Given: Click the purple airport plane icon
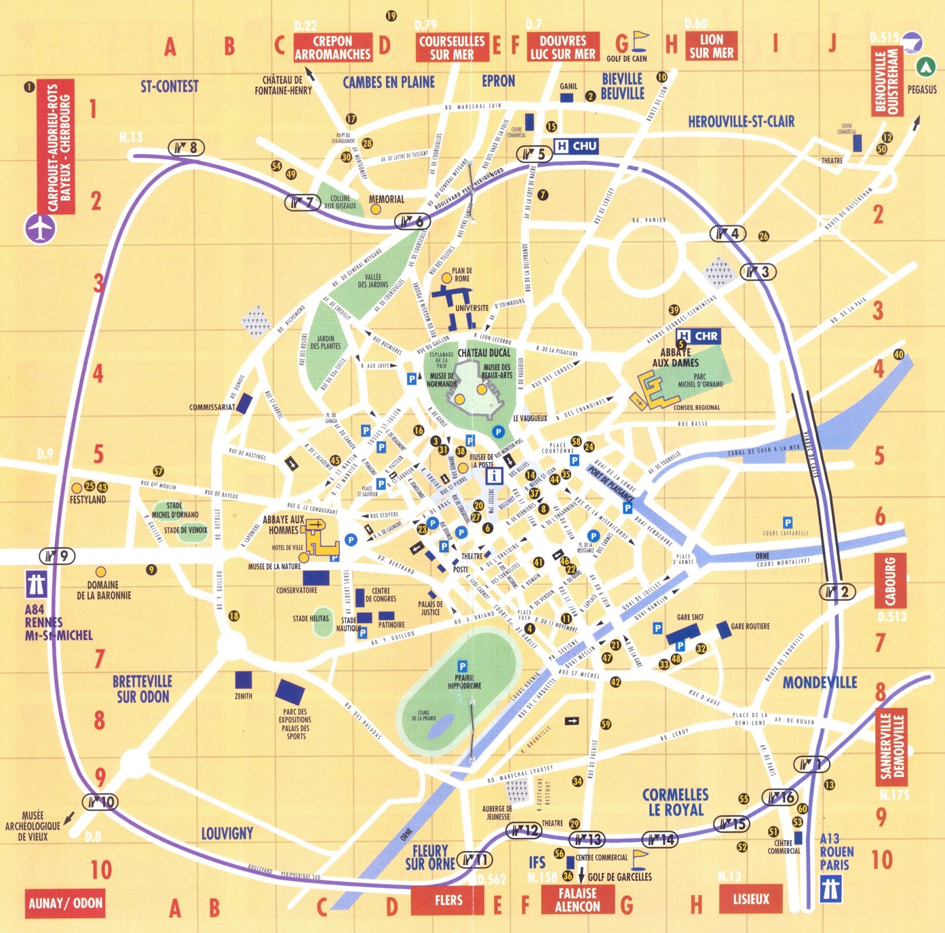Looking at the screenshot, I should [40, 228].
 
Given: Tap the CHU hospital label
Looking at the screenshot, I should [576, 146].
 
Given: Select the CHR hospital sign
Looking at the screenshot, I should [699, 336].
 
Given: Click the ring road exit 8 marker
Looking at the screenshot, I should [186, 147].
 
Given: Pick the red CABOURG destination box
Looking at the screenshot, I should [890, 581].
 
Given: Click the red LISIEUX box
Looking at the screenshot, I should [751, 899].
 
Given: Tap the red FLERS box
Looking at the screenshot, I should [448, 900].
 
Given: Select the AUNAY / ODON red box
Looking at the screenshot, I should [66, 903].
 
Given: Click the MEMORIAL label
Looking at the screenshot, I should [386, 200].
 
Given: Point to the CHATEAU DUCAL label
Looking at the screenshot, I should [484, 353].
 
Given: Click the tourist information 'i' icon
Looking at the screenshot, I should [494, 475].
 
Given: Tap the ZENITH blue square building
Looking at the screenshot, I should [243, 680].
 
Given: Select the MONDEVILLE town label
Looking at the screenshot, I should [819, 682].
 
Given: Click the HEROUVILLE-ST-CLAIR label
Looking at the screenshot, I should [741, 122].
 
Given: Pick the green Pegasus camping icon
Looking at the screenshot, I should [926, 67].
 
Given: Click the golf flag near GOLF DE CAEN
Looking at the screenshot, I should [640, 41].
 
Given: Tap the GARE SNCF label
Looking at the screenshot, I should [690, 617].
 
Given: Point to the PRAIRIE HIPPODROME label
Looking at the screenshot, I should [464, 682].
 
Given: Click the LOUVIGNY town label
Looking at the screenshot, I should [227, 834].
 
